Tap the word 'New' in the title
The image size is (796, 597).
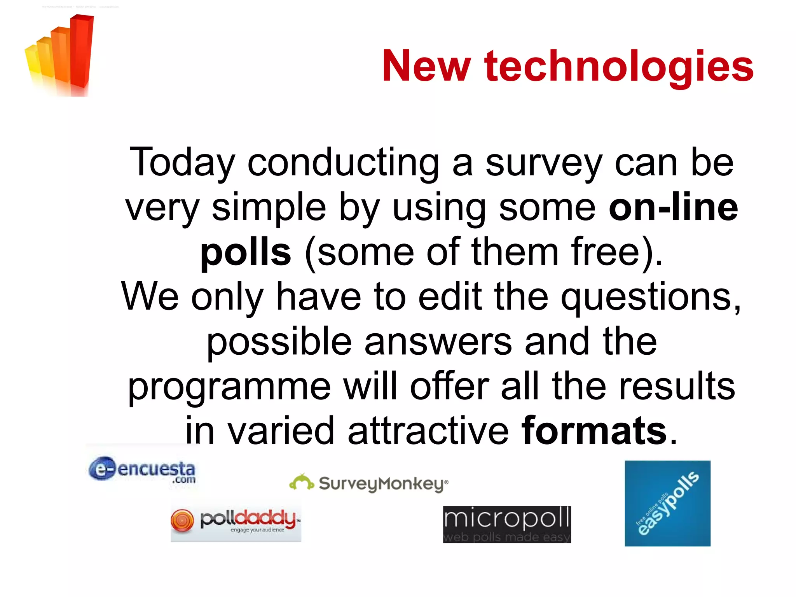point(426,66)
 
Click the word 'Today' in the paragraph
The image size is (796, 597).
point(182,163)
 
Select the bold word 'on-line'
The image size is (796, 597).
point(673,207)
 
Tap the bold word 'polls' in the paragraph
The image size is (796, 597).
point(245,252)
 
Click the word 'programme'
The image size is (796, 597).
point(229,387)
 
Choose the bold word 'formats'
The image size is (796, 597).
point(594,431)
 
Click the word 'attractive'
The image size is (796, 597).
point(428,431)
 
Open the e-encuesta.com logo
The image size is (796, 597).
point(142,470)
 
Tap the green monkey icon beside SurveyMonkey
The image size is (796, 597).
point(302,482)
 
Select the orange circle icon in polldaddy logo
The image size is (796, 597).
point(182,520)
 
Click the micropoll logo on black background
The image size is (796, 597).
point(507,524)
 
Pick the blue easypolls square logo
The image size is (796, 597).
point(667,503)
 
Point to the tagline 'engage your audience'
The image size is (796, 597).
point(257,530)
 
